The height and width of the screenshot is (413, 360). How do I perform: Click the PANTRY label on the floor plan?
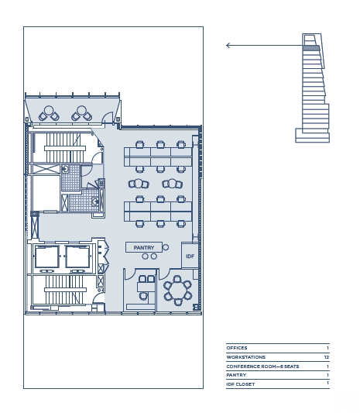tap(144, 248)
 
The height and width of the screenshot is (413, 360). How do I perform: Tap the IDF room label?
tap(190, 256)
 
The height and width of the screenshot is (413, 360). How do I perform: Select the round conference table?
tap(178, 291)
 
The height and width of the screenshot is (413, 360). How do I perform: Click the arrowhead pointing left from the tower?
tap(228, 45)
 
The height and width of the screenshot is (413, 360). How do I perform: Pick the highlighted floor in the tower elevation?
tap(311, 48)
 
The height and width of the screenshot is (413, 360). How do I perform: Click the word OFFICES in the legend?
tap(237, 348)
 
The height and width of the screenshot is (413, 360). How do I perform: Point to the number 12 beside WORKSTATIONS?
tap(327, 357)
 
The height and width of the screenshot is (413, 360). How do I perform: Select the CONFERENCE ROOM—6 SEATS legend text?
tap(262, 367)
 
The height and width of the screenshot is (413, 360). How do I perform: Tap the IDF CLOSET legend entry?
tap(241, 384)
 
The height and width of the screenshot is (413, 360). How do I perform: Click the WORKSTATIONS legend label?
tap(245, 357)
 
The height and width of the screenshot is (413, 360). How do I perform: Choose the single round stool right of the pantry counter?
tap(166, 247)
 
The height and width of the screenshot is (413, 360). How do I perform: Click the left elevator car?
tap(47, 256)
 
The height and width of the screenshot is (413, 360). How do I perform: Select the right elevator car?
tap(77, 256)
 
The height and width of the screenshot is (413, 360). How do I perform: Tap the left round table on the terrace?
tap(49, 110)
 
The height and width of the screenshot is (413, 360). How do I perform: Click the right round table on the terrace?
tap(81, 110)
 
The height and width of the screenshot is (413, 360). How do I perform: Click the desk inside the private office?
tap(146, 287)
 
